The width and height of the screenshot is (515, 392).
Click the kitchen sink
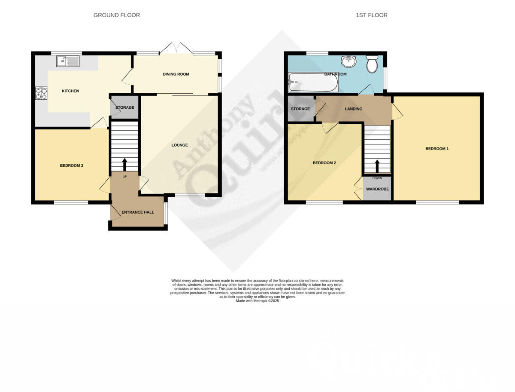pyautogui.click(x=68, y=61)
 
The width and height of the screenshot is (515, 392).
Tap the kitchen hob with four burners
pyautogui.click(x=41, y=93)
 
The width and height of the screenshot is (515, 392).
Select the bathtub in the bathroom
pyautogui.click(x=313, y=82)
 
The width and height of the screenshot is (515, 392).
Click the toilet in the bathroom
pyautogui.click(x=372, y=64)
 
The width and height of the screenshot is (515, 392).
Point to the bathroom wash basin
pyautogui.click(x=348, y=61)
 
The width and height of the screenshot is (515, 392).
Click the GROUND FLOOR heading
pyautogui.click(x=117, y=15)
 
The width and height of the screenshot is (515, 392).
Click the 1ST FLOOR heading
pyautogui.click(x=372, y=15)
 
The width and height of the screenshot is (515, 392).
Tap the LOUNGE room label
pyautogui.click(x=179, y=145)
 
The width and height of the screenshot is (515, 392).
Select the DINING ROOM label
pyautogui.click(x=176, y=74)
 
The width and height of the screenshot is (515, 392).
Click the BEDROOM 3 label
pyautogui.click(x=71, y=165)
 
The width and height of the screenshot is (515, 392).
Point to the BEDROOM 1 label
pyautogui.click(x=437, y=149)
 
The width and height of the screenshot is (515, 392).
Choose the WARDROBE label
pyautogui.click(x=377, y=189)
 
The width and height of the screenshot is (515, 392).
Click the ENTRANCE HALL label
pyautogui.click(x=138, y=212)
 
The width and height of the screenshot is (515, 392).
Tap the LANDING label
pyautogui.click(x=354, y=109)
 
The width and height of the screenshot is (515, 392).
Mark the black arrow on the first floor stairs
pyautogui.click(x=377, y=166)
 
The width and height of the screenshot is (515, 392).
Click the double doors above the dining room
pyautogui.click(x=176, y=48)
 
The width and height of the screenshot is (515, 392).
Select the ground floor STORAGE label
pyautogui.click(x=125, y=107)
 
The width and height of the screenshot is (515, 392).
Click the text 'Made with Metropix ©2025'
pyautogui.click(x=257, y=301)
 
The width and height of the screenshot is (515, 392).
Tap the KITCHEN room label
pyautogui.click(x=70, y=91)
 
